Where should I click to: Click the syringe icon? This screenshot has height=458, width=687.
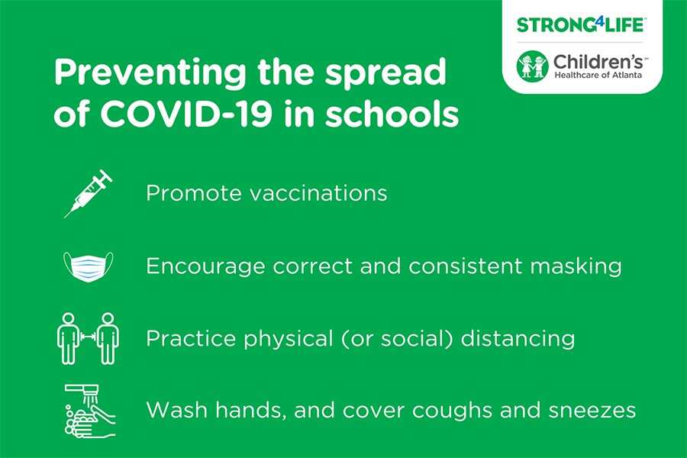(x=89, y=193)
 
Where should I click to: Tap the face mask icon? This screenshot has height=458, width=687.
(x=88, y=266)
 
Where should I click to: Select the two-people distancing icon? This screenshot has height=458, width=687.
(x=88, y=338)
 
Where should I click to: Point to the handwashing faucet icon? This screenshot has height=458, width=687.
(x=90, y=411)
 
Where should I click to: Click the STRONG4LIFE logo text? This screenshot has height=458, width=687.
(x=580, y=24)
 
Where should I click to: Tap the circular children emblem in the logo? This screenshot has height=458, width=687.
(x=532, y=66)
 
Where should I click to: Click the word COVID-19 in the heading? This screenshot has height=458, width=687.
(x=186, y=114)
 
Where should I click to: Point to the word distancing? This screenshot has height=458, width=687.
(x=518, y=339)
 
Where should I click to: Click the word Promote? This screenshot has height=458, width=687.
(x=194, y=193)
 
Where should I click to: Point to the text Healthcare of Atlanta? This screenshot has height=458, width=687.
(x=598, y=75)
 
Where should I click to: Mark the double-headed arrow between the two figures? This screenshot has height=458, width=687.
(x=88, y=337)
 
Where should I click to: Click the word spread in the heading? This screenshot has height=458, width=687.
(x=385, y=73)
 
